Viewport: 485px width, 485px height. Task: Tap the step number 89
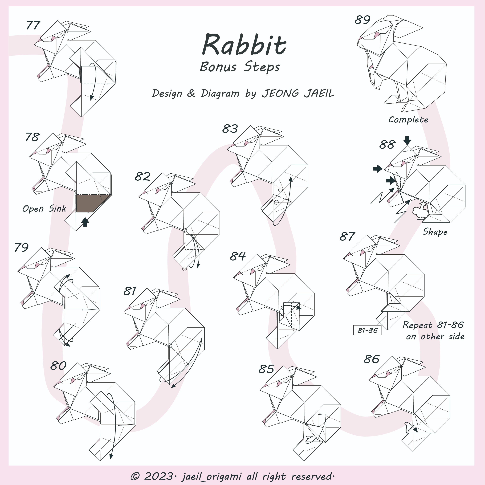tap(362, 20)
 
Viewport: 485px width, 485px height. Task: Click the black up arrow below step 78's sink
tap(85, 222)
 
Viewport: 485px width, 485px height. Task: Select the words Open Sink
tap(44, 209)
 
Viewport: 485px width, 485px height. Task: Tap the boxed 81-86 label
tap(367, 330)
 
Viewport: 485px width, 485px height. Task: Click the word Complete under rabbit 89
tap(408, 120)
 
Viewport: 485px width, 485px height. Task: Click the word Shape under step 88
tap(435, 232)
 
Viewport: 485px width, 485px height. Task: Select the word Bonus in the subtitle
tap(218, 67)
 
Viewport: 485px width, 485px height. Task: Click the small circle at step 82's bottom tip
tap(184, 269)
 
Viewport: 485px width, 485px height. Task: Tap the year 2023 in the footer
tap(158, 476)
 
